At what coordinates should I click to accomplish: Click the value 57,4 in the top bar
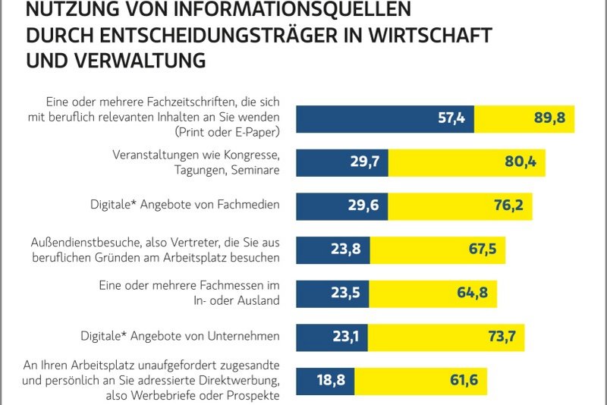pyautogui.click(x=454, y=118)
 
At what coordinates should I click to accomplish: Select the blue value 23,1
pyautogui.click(x=349, y=336)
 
